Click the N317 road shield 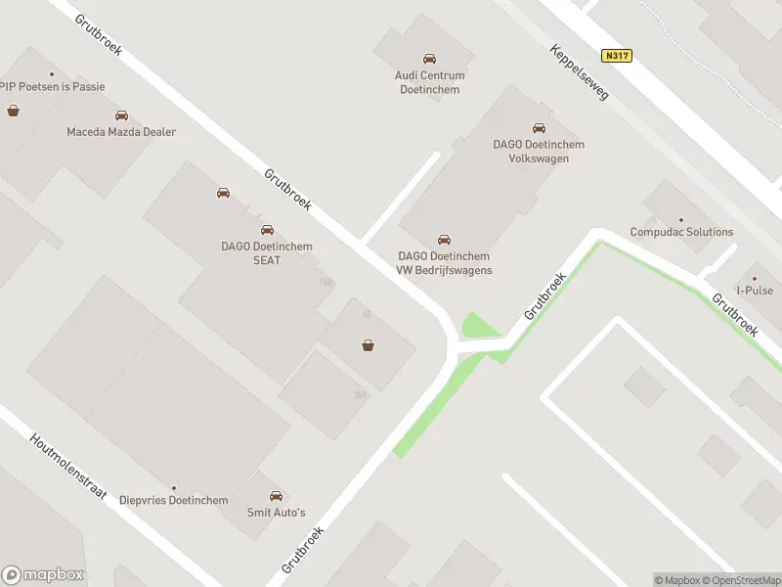coord(617,56)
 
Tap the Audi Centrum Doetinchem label coord(429,82)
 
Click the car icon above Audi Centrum coord(429,60)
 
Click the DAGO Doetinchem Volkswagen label coord(539,151)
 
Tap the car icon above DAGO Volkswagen coord(539,127)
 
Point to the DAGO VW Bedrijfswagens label coord(445,263)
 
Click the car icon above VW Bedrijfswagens coord(445,240)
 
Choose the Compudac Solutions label coord(681,232)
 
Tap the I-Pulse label coord(755,291)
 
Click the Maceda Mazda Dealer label coord(121,132)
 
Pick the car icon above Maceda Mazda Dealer coord(121,115)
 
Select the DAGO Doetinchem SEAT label coord(267,253)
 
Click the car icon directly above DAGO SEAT coord(267,230)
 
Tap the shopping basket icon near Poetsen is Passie coord(13,111)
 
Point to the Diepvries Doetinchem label coord(174,500)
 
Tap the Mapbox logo coord(43,575)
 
